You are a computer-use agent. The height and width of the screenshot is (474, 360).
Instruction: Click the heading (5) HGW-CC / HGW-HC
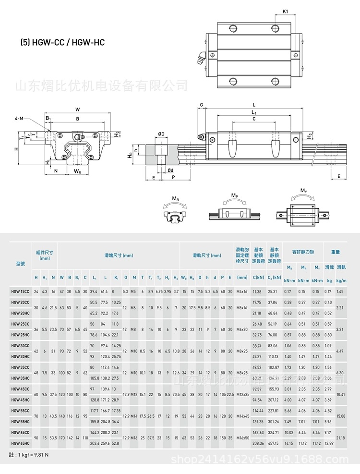point(62,43)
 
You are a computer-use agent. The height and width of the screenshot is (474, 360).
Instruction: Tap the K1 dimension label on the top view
point(286,11)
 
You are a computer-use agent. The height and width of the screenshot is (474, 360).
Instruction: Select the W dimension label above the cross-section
point(77,109)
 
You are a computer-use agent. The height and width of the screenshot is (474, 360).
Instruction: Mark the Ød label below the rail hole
point(170,170)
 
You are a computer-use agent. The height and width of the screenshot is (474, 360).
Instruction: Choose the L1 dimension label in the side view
point(254,112)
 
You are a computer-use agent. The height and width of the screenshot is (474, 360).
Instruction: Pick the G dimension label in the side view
point(202,105)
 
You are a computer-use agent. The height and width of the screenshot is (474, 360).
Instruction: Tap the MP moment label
point(235,195)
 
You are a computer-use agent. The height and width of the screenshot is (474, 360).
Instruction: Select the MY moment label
point(304,191)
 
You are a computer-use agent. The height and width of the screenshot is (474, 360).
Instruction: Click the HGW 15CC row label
point(20,292)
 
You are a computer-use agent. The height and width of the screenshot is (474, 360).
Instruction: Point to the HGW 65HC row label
point(20,443)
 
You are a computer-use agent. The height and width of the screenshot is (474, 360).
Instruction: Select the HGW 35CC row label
point(20,367)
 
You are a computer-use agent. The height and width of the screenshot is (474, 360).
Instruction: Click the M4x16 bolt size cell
point(242,292)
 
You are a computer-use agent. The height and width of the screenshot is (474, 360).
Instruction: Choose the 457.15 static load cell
point(274,443)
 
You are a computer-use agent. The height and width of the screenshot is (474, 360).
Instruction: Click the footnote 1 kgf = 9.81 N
point(29,454)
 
